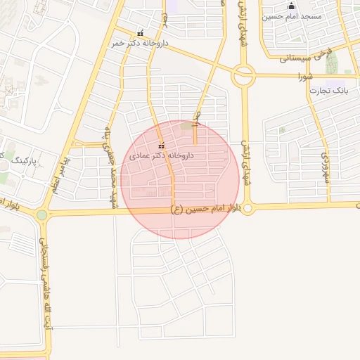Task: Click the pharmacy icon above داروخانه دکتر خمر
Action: click(x=141, y=33)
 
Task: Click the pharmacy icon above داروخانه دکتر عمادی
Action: click(x=161, y=145)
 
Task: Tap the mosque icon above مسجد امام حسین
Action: click(x=292, y=6)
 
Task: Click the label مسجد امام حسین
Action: click(x=292, y=15)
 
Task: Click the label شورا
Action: click(x=304, y=75)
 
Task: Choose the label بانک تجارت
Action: click(x=330, y=92)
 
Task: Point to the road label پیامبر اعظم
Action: click(x=62, y=169)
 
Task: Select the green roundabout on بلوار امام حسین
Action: click(x=42, y=214)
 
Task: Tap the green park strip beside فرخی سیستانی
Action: click(x=332, y=61)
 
